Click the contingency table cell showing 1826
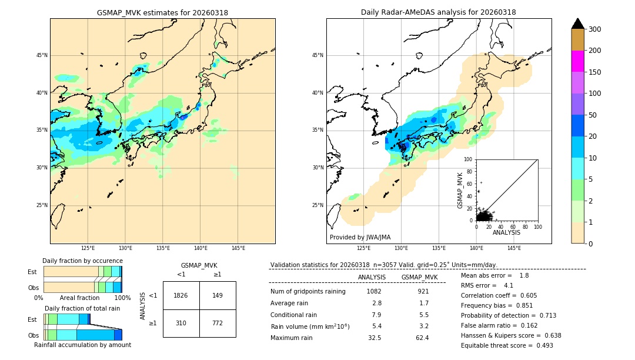coord(181,295)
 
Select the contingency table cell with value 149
coord(218,295)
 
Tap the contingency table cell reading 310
coord(181,323)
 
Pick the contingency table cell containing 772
coord(218,323)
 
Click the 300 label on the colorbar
coord(595,29)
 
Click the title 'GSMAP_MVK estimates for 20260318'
coord(162,13)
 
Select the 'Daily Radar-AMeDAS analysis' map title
coord(438,13)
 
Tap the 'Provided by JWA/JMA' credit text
coord(360,238)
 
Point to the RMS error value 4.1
coord(509,285)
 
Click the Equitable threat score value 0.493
coord(542,345)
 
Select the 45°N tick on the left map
coord(42,55)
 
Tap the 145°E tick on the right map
coord(514,248)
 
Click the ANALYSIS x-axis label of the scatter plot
coord(506,232)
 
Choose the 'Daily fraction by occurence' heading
coord(82,261)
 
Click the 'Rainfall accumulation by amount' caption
coord(82,345)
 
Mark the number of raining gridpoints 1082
coord(374,291)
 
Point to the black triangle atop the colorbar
coord(578,24)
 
